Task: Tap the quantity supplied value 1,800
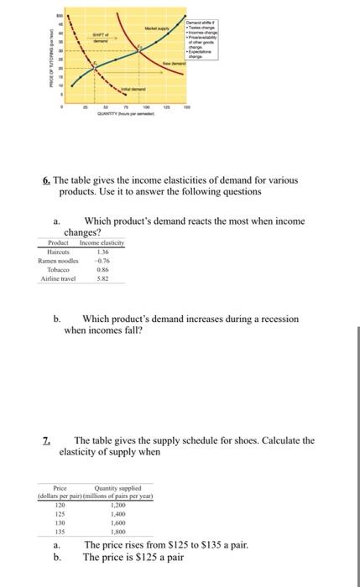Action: click(117, 532)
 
